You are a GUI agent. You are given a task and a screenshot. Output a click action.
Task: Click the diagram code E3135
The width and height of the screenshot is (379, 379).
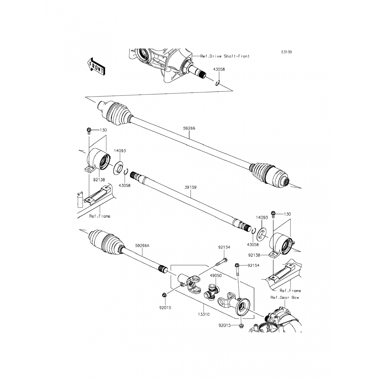tap(287, 52)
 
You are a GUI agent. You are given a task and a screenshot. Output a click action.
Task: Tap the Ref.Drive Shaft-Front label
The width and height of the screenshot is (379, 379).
tap(225, 56)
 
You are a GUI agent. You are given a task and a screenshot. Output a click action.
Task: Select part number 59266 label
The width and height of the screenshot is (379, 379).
tap(189, 128)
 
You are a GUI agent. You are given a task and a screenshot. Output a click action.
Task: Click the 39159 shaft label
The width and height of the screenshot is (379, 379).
tap(191, 187)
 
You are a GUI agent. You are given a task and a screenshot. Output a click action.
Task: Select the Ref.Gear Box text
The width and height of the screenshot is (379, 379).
tap(285, 297)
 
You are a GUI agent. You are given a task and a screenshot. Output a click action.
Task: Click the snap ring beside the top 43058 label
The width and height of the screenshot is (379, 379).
tap(218, 83)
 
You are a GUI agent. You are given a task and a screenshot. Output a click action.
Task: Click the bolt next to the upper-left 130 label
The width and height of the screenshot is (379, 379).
tap(89, 131)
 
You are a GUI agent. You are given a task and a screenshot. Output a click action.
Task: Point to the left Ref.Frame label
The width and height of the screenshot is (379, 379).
tap(100, 216)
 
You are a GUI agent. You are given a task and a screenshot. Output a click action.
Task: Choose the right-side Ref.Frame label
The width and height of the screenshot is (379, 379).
tap(290, 291)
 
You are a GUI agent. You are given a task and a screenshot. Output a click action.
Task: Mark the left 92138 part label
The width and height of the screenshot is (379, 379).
tap(99, 180)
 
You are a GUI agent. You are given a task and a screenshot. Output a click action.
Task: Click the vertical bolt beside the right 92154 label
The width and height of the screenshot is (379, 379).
tap(238, 270)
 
